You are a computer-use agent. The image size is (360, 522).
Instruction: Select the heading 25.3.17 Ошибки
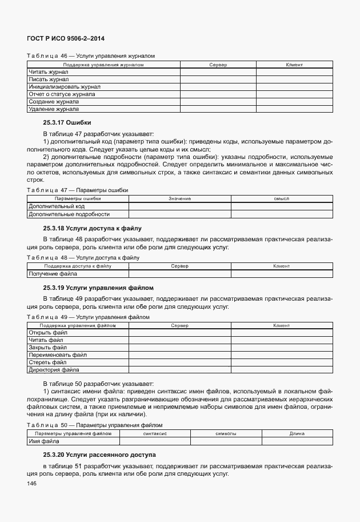67,123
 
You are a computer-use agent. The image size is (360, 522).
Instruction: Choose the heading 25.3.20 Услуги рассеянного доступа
99,455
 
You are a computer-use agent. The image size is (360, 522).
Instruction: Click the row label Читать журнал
49,72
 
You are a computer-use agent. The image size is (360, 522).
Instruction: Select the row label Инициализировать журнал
61,87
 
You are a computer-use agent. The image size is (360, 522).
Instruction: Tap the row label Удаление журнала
54,109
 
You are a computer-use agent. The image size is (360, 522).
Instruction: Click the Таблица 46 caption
91,56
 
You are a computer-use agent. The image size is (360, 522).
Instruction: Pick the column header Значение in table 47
179,198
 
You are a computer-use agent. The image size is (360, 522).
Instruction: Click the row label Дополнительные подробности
69,214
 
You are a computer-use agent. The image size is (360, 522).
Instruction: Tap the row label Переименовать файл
57,354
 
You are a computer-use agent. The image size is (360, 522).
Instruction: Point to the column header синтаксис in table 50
155,434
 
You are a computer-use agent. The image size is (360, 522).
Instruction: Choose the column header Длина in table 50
297,434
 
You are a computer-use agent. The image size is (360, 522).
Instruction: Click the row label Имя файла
43,441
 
